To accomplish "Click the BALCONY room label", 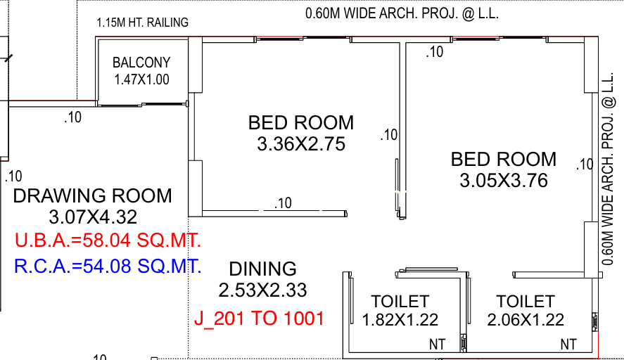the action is [x=141, y=63].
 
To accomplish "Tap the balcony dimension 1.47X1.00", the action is [x=141, y=79].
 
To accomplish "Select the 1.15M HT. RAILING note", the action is [x=143, y=22].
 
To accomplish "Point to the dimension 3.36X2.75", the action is [x=301, y=144].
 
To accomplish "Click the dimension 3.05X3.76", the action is [x=504, y=181].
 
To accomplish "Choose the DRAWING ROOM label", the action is [x=92, y=195].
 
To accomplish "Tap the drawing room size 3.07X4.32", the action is [x=93, y=217].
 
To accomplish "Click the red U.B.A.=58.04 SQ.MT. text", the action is [x=108, y=240].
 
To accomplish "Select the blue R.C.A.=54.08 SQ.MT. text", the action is [x=108, y=266].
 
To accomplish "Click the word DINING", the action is [x=262, y=269].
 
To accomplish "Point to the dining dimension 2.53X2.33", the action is [x=262, y=290].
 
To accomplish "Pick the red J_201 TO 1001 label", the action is [x=259, y=319].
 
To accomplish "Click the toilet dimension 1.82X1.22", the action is [x=400, y=320].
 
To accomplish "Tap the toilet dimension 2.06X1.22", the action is [x=526, y=320].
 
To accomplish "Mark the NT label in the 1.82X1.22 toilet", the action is [x=437, y=345].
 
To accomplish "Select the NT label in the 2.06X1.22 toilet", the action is [x=568, y=345].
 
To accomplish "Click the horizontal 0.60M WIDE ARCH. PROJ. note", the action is [x=402, y=13].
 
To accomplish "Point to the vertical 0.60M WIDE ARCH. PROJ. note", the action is [x=608, y=169].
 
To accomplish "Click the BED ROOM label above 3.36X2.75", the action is [x=301, y=122].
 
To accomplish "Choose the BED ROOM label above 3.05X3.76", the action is [x=504, y=159].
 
